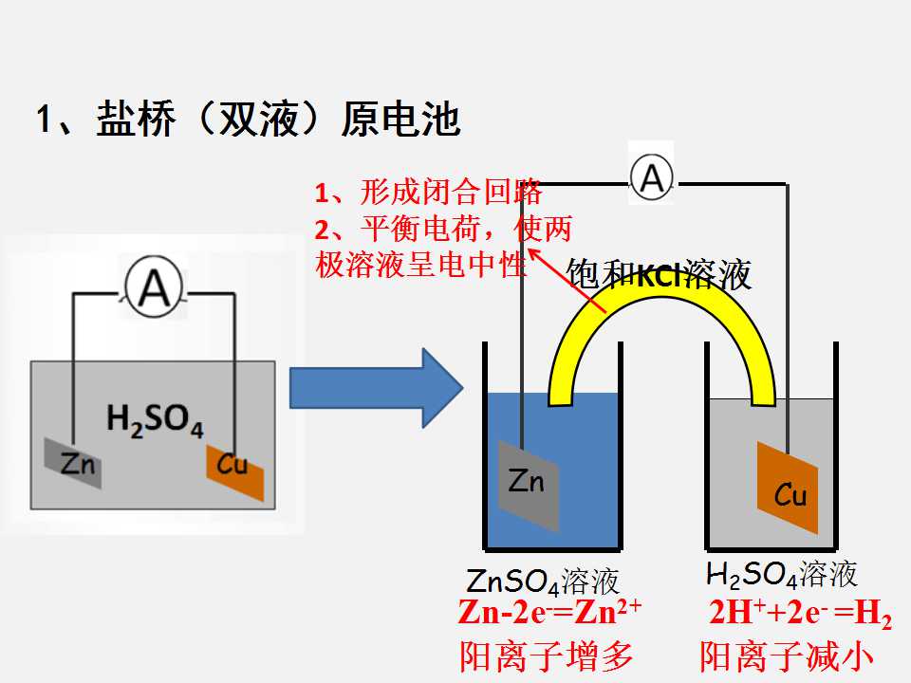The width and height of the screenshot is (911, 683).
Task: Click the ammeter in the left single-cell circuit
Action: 154,288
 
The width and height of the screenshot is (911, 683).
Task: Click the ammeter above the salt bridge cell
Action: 652,177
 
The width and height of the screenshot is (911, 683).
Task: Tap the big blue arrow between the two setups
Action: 376,388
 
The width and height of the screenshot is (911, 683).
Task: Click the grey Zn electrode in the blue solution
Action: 529,485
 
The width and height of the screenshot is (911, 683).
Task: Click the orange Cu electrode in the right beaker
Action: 788,488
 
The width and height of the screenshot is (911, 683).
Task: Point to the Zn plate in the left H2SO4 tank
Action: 73,463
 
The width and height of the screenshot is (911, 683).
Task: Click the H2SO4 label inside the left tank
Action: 155,420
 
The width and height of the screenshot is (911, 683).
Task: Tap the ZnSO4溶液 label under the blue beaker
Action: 542,581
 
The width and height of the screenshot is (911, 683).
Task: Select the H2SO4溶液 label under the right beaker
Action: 781,575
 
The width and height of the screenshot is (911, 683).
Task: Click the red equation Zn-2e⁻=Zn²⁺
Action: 549,613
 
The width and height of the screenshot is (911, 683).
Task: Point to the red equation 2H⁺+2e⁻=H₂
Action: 800,614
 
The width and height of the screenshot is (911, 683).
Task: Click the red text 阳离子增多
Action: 547,656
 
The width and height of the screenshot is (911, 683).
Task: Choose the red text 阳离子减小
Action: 786,656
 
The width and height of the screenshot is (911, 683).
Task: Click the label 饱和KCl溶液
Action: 659,274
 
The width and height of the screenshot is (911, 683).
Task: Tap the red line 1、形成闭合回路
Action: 428,193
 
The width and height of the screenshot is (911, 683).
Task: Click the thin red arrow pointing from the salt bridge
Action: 567,280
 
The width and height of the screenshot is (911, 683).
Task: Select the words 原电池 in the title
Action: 400,120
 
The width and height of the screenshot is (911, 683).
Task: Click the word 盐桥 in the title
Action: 136,120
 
